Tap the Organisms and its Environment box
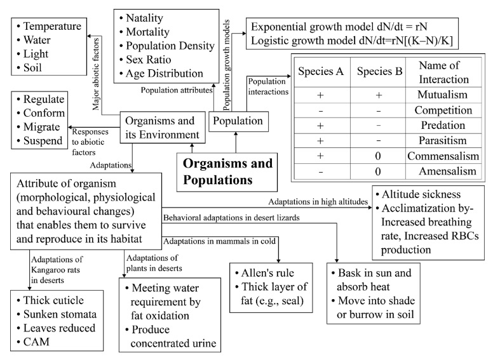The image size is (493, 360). pyautogui.click(x=164, y=127)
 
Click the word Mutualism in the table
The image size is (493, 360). pyautogui.click(x=443, y=94)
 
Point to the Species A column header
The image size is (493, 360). pyautogui.click(x=321, y=70)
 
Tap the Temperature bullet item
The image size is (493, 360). pyautogui.click(x=51, y=27)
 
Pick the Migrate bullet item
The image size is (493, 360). pyautogui.click(x=45, y=129)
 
